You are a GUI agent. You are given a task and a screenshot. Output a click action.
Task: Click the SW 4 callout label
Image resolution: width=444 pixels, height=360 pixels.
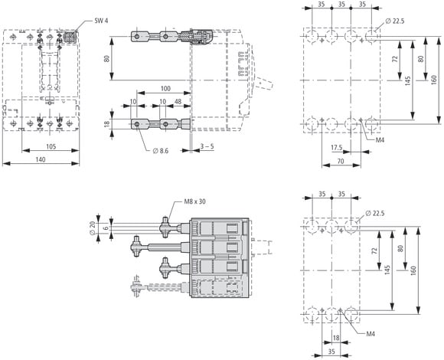click(x=101, y=21)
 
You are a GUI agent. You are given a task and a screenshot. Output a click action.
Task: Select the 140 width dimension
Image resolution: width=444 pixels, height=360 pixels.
click(x=41, y=159)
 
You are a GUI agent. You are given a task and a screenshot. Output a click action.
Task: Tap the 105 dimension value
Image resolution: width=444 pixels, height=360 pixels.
click(x=51, y=146)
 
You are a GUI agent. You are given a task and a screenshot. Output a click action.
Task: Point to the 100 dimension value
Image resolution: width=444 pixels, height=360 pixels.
click(x=165, y=88)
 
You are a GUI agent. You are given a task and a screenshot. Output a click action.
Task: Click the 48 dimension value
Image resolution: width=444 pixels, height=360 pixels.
click(x=178, y=101)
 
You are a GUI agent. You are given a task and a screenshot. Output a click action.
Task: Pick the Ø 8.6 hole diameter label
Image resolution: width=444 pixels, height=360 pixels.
click(x=161, y=151)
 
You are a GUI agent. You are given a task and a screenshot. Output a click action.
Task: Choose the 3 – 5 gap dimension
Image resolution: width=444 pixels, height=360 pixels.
click(x=207, y=146)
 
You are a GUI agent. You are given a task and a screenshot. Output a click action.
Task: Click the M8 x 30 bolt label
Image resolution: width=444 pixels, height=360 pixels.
click(x=194, y=201)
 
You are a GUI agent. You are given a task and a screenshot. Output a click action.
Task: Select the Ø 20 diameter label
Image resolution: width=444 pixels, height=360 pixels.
click(x=92, y=228)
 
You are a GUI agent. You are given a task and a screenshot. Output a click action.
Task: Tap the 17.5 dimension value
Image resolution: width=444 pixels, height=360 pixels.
click(x=337, y=148)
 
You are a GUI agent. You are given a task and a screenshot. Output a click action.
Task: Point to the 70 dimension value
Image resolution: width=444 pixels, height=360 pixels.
click(x=341, y=161)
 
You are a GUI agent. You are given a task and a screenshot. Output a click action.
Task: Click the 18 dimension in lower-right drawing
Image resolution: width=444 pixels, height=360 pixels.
click(x=336, y=338)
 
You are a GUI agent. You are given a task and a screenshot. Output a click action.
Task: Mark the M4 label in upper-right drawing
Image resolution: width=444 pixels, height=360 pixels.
click(x=380, y=140)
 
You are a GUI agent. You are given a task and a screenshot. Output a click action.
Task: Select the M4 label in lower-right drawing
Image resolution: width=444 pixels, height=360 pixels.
click(x=371, y=334)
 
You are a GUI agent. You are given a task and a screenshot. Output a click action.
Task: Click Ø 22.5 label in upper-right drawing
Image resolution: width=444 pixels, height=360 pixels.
click(x=395, y=21)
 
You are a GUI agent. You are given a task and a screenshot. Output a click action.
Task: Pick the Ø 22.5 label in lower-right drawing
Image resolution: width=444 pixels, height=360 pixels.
click(x=375, y=213)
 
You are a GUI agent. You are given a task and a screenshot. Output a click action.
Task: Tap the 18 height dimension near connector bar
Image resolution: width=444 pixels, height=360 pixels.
click(x=106, y=124)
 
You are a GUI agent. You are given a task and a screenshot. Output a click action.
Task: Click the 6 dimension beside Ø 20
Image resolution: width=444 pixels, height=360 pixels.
click(x=106, y=228)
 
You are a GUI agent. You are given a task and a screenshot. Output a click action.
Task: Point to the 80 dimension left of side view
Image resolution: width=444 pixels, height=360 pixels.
click(x=106, y=59)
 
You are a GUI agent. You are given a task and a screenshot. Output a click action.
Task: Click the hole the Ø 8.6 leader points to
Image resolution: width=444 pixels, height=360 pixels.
click(x=137, y=124)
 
